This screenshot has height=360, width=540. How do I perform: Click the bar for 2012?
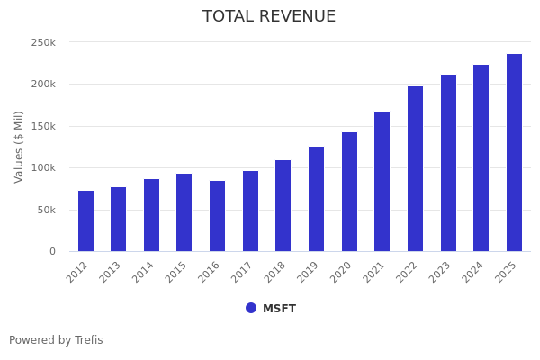tap(85, 221)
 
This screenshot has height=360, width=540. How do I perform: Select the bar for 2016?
tap(217, 216)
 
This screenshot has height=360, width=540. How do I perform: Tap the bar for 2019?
tap(316, 199)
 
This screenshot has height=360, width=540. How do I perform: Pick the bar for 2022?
tap(415, 169)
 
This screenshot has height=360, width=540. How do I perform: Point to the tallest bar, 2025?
tap(514, 153)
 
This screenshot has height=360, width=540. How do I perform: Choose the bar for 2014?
tap(151, 215)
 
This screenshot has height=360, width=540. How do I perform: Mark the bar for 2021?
tap(382, 182)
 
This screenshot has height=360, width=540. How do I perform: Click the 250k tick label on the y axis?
tap(43, 42)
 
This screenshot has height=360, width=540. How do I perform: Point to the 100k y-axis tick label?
tap(43, 168)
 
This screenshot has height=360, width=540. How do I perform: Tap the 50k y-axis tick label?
tap(46, 210)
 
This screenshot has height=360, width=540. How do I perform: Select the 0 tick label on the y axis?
tap(52, 252)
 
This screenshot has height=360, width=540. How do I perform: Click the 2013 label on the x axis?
tap(112, 272)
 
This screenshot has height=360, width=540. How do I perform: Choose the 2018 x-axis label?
tap(276, 272)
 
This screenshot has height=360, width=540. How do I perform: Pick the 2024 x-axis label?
tap(474, 272)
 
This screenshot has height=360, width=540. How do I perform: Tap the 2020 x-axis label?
tap(342, 272)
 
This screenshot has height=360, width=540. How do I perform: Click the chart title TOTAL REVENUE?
tap(269, 17)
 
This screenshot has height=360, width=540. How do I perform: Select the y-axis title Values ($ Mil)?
tap(19, 147)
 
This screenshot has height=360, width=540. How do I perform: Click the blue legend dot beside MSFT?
tap(251, 308)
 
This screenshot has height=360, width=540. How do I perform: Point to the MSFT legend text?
tap(279, 309)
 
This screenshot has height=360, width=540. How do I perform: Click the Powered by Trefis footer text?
tap(56, 340)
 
